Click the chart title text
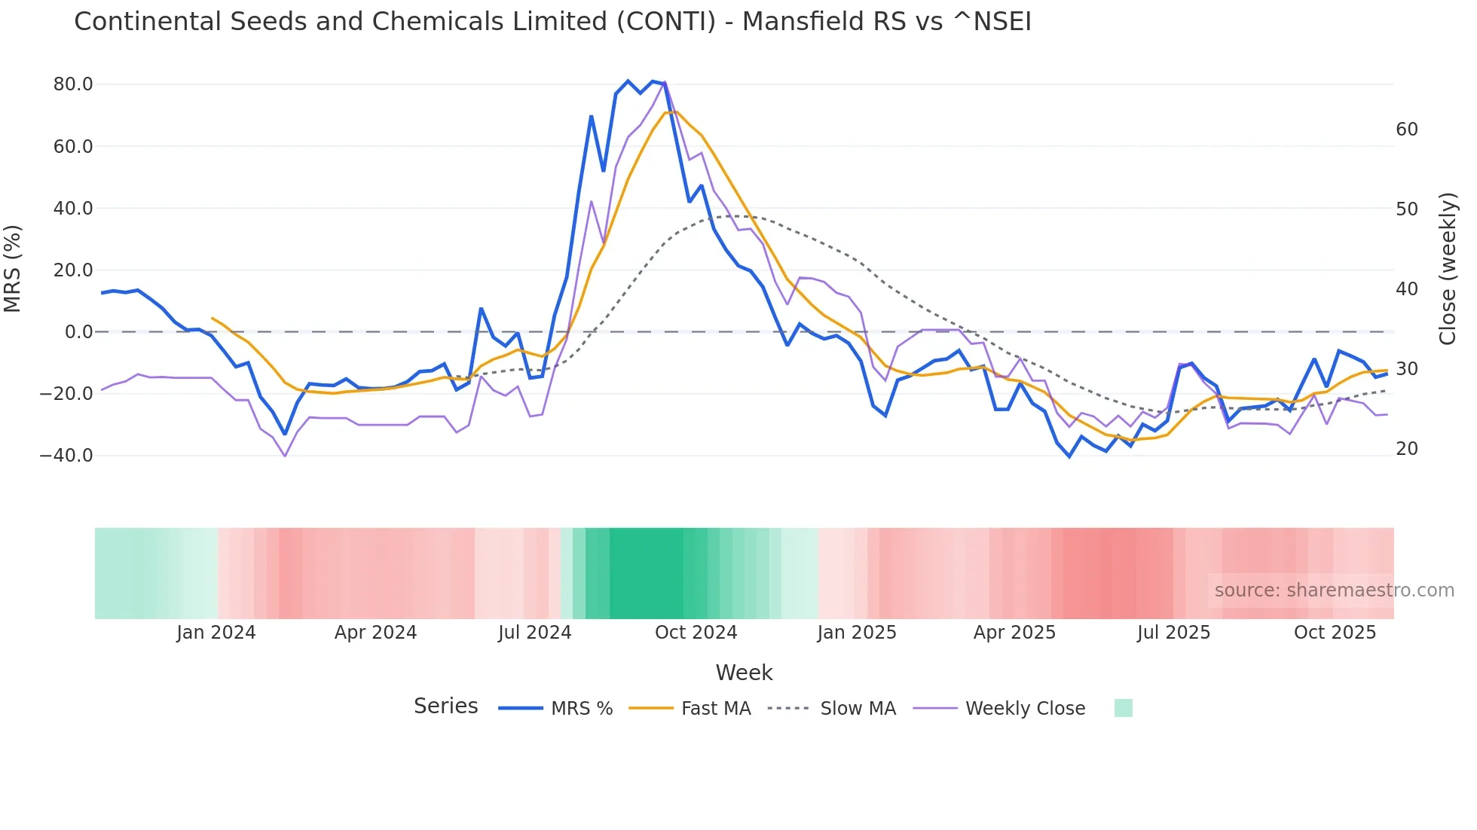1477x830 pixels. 552,22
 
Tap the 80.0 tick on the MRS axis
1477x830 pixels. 73,84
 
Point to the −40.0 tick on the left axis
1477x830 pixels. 67,456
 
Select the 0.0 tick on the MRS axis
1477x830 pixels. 79,332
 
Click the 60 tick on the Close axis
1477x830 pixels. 1406,130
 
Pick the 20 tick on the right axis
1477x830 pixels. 1406,449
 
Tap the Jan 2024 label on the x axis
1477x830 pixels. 216,633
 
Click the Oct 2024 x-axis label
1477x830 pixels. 696,633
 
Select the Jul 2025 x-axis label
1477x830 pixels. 1173,633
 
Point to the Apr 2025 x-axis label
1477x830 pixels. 1014,633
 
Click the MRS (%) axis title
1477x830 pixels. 13,269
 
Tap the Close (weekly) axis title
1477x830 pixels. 1448,269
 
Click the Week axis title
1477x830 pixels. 744,673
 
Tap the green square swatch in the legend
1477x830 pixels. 1123,708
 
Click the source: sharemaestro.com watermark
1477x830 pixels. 1334,590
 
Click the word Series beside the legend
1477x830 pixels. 446,706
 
